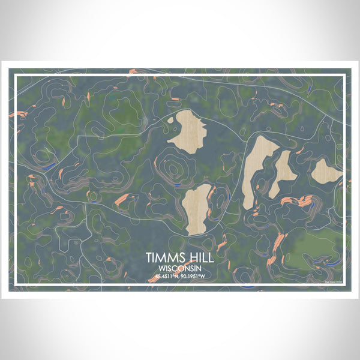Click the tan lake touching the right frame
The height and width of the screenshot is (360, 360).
(x=325, y=172)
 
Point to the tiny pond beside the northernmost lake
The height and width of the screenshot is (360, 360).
(x=171, y=119)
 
